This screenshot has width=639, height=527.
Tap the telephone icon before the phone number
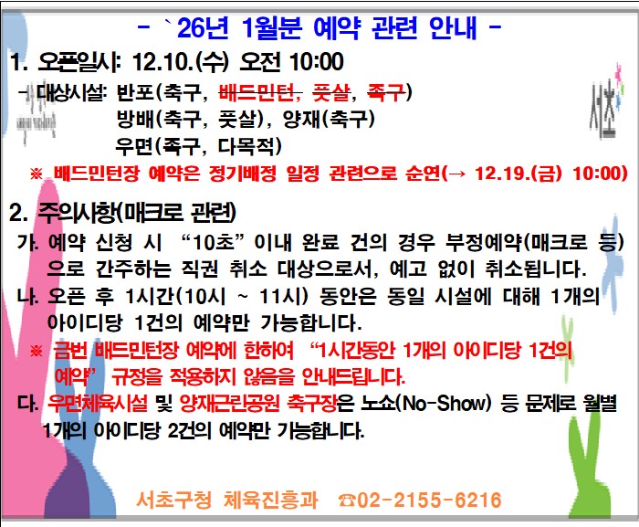[x=347, y=500]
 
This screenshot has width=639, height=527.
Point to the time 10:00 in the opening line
[x=312, y=62]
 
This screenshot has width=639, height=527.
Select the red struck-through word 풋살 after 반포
[x=332, y=92]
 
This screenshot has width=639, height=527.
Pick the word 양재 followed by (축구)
[x=317, y=119]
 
